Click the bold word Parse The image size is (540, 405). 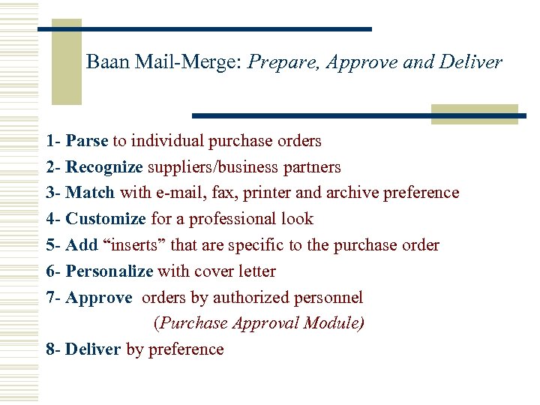coord(87,141)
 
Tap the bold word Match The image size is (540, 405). coord(90,193)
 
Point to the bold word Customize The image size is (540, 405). coord(105,219)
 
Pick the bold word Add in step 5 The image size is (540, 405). coord(81,245)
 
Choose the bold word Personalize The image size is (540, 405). coord(109,271)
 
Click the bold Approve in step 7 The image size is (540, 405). coord(98,298)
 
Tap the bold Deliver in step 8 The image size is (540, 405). coord(93,349)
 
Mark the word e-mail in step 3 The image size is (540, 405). coord(177,193)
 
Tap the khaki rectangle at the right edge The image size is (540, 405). coord(474,114)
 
